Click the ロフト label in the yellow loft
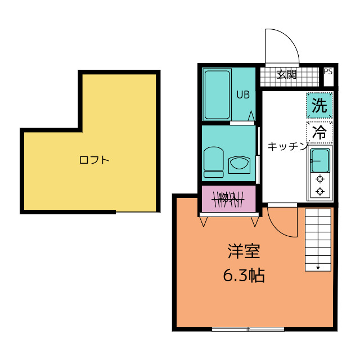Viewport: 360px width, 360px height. point(94,160)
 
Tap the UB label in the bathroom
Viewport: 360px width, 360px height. point(243,94)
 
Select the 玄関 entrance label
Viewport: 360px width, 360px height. point(286,74)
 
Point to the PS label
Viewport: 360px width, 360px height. point(328,71)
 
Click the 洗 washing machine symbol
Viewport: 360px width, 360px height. point(319,105)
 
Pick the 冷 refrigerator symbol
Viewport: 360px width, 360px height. point(319,132)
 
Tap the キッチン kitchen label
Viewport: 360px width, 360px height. point(287,146)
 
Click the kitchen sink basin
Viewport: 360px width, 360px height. point(320,160)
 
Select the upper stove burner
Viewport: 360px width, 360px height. point(320,179)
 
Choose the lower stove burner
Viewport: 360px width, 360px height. point(320,191)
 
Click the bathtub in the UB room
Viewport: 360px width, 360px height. point(217,94)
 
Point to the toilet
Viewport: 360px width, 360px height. point(214,162)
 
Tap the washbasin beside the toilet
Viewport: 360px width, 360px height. point(239,165)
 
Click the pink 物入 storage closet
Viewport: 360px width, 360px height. point(229,199)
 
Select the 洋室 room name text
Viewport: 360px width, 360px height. point(244,251)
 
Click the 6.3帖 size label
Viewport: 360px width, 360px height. point(244,275)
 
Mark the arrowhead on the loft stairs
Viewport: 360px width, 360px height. point(318,268)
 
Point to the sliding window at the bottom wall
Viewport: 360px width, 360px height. point(248,329)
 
